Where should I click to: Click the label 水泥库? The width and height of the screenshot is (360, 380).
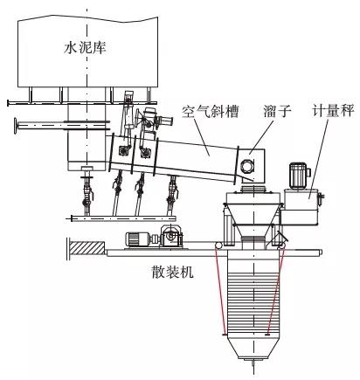tap(85, 48)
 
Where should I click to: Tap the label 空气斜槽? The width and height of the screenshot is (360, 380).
tap(211, 111)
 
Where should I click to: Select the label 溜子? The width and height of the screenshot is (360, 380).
tap(278, 111)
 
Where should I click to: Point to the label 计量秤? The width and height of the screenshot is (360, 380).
tap(333, 111)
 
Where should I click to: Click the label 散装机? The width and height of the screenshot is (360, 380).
tap(173, 272)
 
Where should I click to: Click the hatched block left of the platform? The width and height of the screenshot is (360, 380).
tap(87, 248)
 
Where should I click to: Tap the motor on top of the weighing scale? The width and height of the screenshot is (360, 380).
tap(299, 176)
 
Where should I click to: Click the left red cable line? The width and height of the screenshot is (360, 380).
tap(220, 292)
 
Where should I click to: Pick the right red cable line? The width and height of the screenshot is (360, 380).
tap(275, 292)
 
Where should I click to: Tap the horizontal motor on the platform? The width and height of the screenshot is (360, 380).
tap(138, 239)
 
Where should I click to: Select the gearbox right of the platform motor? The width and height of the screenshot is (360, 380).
tap(171, 236)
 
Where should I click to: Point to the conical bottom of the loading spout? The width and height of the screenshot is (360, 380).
tap(253, 348)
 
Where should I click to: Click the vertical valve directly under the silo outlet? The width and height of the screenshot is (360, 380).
tap(87, 190)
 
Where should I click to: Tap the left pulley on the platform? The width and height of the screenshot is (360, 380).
tap(218, 246)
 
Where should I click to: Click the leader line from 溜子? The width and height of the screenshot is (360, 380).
tap(262, 135)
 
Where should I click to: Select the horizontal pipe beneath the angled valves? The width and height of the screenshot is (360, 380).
tap(123, 218)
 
